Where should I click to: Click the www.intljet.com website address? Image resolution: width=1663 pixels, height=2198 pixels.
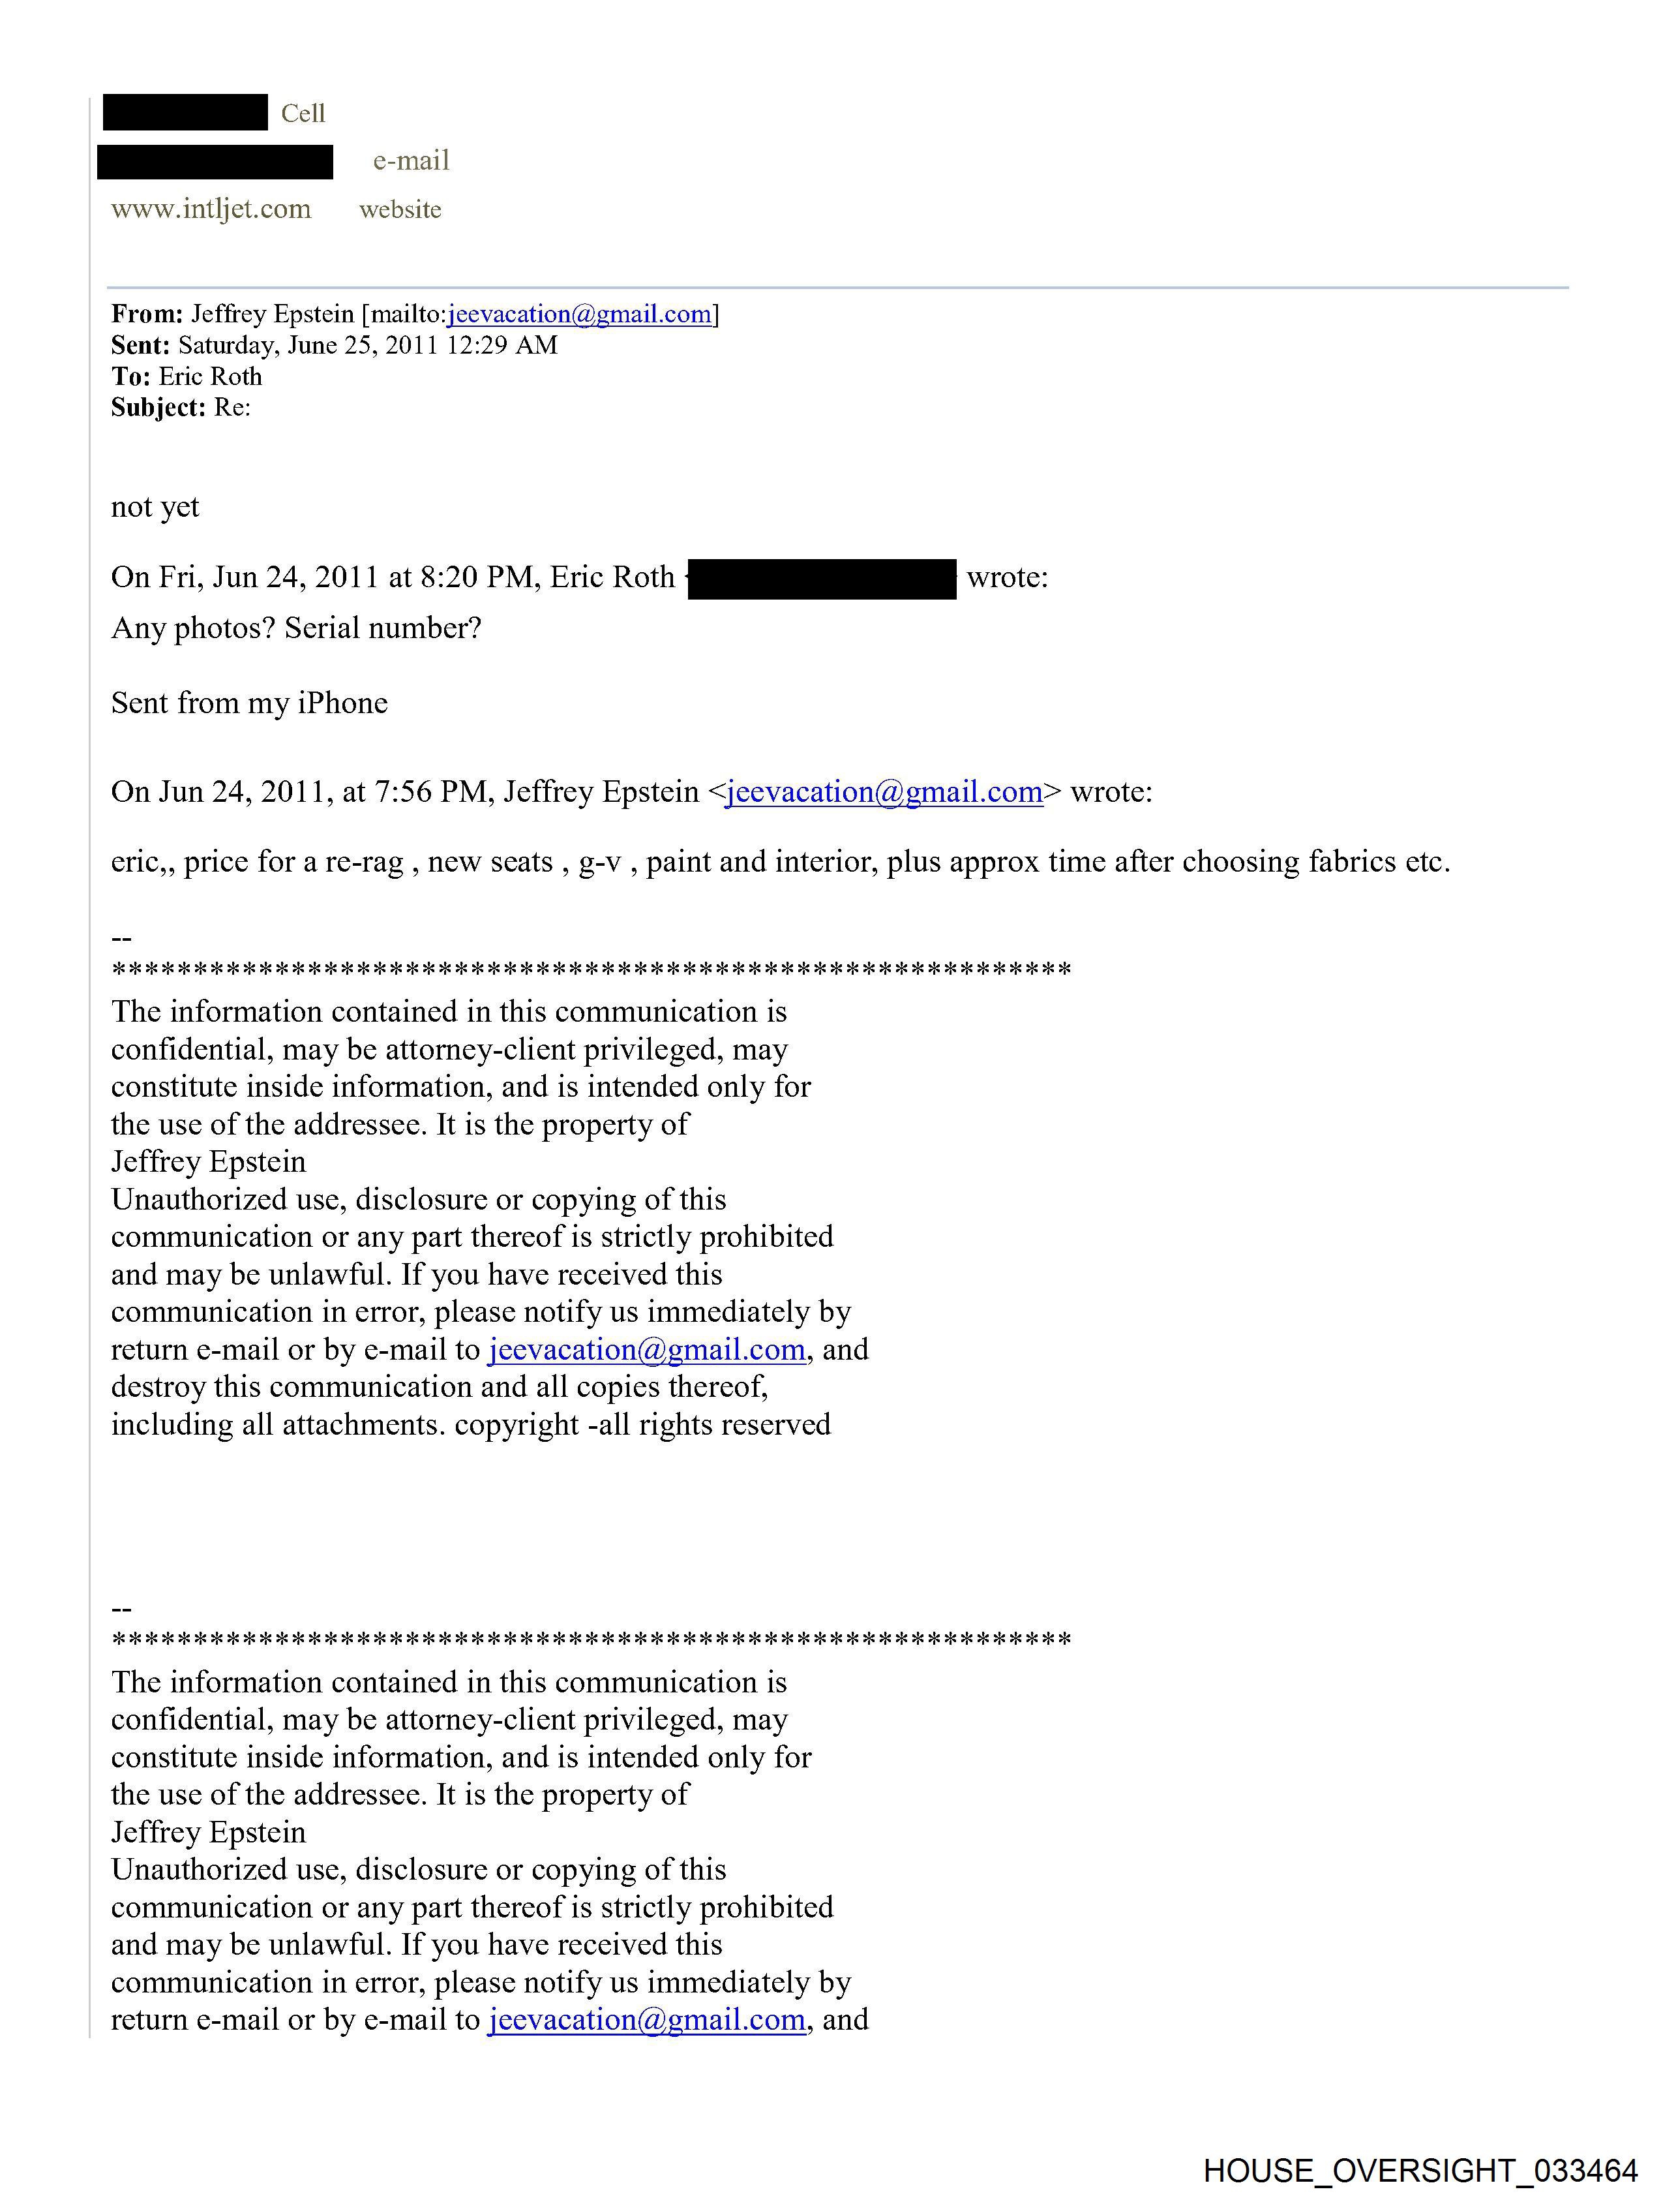coord(211,209)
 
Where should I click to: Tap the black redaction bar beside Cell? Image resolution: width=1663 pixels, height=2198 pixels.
coord(185,112)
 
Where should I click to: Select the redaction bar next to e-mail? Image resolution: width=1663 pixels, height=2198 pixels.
coord(215,161)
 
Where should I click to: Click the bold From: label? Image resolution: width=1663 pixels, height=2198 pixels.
coord(146,314)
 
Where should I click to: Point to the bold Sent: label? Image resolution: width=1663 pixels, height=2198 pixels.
coord(140,345)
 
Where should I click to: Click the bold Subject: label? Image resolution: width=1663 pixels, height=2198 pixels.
coord(158,407)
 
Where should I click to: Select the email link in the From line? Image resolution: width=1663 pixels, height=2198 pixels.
coord(580,314)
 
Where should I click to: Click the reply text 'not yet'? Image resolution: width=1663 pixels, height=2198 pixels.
coord(155,507)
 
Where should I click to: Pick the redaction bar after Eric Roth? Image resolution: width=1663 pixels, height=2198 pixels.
coord(822,578)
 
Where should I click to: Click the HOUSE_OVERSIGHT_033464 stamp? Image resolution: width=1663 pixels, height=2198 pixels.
coord(1420,2170)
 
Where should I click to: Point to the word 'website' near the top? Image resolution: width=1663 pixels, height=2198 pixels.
coord(400,209)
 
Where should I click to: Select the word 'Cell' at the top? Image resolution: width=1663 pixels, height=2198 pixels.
coord(303,114)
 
